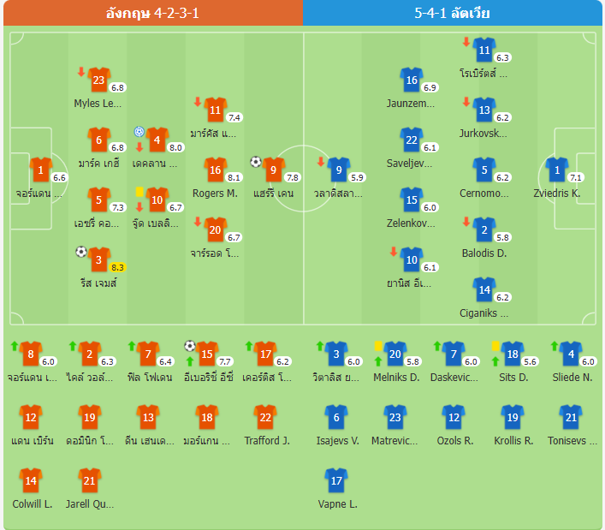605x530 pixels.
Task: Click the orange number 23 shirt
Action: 98,80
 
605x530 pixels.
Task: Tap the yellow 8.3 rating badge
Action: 117,267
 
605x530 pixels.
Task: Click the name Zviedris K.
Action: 557,194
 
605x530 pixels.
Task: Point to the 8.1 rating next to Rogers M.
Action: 234,177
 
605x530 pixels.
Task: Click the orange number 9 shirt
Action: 273,170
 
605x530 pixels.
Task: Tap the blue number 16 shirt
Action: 412,80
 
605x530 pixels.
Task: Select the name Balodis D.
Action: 484,253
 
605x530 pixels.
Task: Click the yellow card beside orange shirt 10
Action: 139,191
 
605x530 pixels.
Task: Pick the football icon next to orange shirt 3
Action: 81,252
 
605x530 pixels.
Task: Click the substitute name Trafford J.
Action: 267,441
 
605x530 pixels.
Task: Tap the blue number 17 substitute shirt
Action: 336,480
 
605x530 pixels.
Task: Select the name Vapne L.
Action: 336,503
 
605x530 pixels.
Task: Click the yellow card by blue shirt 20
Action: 377,345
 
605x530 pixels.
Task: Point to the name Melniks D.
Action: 396,377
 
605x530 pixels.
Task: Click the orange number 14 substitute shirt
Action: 30,480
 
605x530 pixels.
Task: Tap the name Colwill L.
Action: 33,503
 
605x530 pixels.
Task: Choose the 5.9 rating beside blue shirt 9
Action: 358,177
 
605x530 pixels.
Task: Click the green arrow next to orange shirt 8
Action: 14,345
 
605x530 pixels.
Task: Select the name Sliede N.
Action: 572,377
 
